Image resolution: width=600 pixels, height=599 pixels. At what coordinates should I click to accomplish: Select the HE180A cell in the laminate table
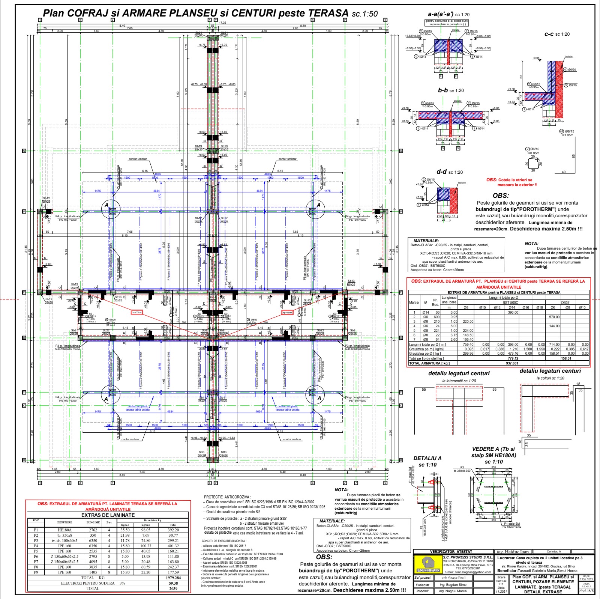[64, 530]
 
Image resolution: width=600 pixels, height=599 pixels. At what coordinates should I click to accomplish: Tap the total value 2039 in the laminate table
[173, 588]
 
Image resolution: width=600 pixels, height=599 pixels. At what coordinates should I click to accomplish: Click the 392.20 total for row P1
[173, 530]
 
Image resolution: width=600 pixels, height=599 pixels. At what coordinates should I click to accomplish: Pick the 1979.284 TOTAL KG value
[173, 578]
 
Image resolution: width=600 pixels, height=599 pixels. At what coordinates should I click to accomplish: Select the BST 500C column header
[510, 303]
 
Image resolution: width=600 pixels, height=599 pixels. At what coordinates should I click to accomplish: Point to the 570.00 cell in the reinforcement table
[554, 317]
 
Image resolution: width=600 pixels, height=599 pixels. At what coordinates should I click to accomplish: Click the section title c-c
[549, 34]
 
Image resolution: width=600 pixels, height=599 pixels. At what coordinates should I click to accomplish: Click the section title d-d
[441, 172]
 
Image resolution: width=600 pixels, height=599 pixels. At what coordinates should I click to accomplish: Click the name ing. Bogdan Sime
[453, 585]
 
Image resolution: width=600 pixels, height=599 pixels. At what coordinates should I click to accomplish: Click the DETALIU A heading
[427, 458]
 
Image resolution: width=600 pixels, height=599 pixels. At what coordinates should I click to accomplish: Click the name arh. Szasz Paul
[453, 578]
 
